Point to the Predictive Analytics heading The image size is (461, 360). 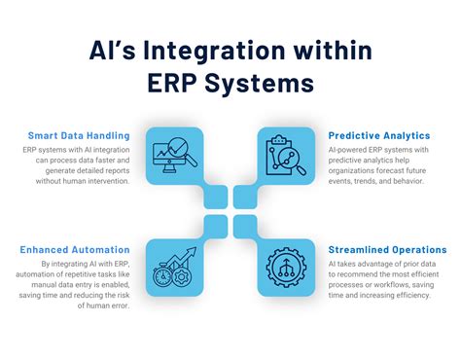[x=380, y=135]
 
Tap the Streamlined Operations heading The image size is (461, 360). [x=387, y=249]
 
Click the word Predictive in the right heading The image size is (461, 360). [x=357, y=135]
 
